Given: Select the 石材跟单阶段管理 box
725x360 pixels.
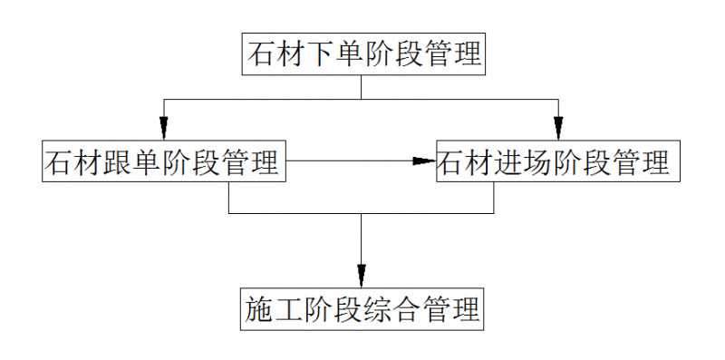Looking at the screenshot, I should [164, 163].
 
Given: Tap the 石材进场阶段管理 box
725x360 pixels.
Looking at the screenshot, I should [556, 163].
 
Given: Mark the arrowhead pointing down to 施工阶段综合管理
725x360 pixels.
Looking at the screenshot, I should [362, 274].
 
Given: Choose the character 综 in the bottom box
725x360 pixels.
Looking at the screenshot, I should [376, 310].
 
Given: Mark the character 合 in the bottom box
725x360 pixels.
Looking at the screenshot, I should [405, 310].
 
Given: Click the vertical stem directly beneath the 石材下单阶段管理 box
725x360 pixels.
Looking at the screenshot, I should [362, 86].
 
